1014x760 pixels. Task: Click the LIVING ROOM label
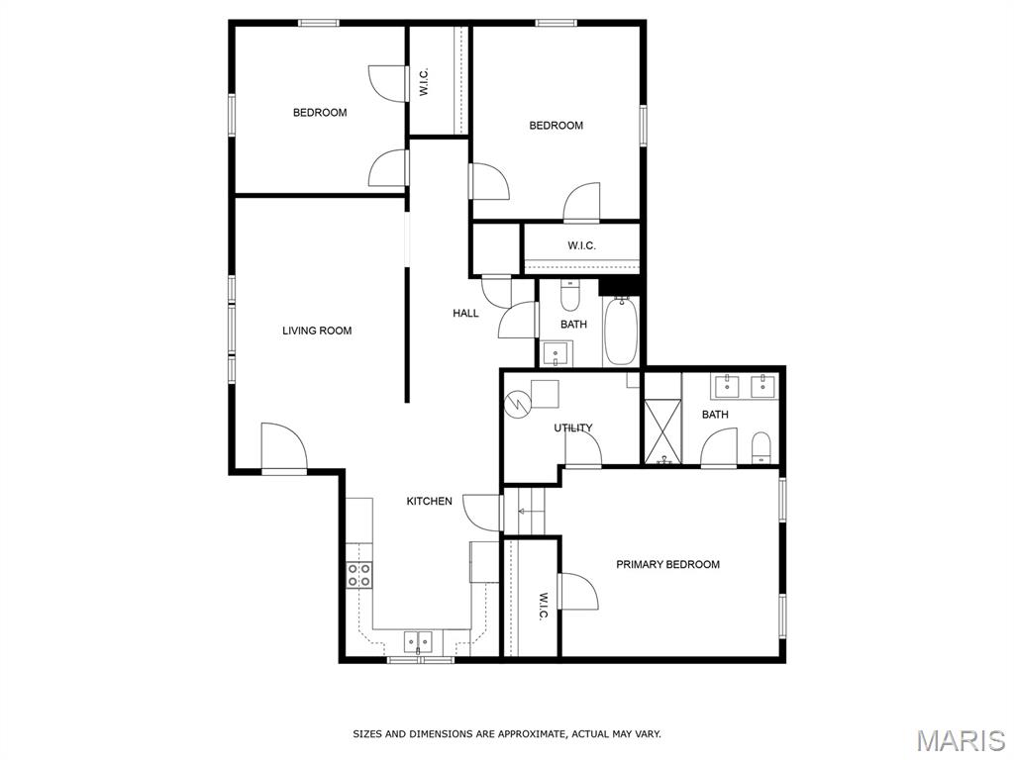(317, 331)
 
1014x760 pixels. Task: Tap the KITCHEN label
(429, 501)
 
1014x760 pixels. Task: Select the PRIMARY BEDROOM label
(667, 564)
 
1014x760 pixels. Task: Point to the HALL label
(465, 314)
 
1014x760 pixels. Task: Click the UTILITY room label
(573, 427)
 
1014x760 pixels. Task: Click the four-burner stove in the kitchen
(359, 575)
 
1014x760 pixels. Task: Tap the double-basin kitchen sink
(419, 641)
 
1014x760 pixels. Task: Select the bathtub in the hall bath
(621, 331)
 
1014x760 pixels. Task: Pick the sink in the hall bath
(556, 354)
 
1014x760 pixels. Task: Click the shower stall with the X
(662, 431)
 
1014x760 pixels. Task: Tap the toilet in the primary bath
(761, 448)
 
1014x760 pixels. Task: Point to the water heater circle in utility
(519, 404)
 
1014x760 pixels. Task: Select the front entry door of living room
(284, 448)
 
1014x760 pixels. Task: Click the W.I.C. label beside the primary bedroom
(544, 606)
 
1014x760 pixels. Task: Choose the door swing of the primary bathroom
(719, 446)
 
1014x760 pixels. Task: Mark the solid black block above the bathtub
(620, 286)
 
